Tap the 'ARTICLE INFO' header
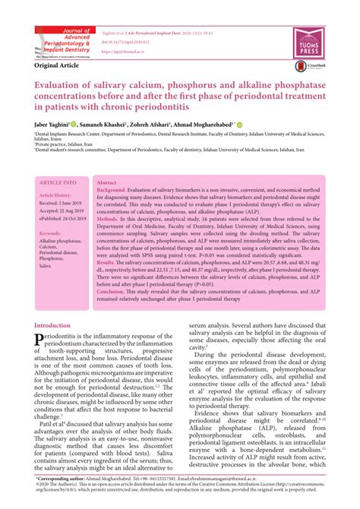click(58, 183)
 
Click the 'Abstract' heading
click(107, 183)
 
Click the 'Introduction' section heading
click(52, 326)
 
